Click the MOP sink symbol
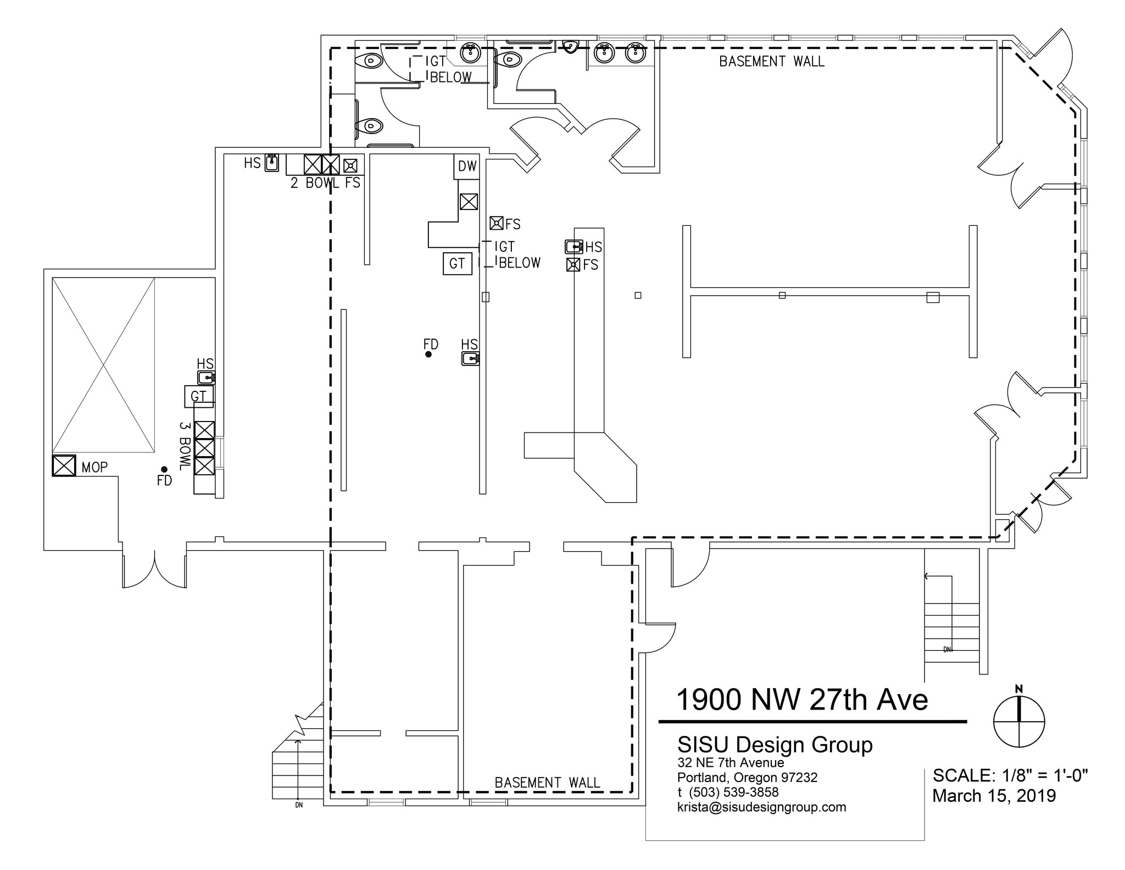click(64, 466)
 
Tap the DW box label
click(467, 166)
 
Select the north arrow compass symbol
click(1019, 722)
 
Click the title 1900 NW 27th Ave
click(801, 700)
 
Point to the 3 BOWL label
click(185, 446)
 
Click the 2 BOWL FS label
click(325, 183)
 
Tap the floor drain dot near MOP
click(164, 469)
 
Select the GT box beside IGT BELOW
click(457, 264)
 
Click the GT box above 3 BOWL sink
click(198, 396)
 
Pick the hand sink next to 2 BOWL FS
click(271, 163)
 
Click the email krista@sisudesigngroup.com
click(761, 807)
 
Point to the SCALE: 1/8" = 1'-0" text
click(1010, 775)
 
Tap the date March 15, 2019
click(994, 796)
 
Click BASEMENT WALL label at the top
click(772, 62)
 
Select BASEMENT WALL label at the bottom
click(547, 783)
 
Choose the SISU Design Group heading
click(775, 745)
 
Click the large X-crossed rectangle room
click(103, 365)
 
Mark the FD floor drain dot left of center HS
click(428, 354)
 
